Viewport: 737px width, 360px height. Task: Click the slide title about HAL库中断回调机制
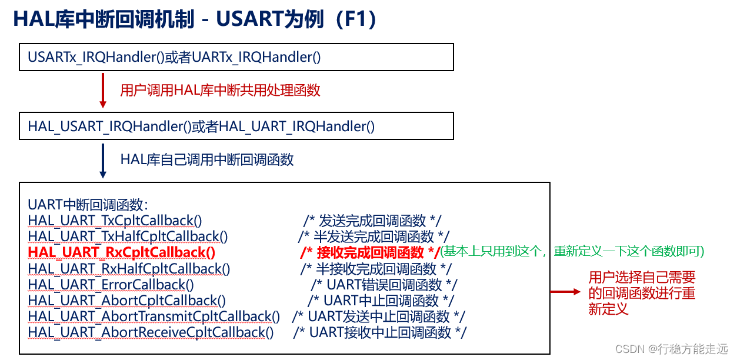(x=194, y=19)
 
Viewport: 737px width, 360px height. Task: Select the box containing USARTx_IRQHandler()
(x=236, y=57)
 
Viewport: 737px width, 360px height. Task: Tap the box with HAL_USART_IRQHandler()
(x=236, y=126)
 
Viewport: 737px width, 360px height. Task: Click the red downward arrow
(x=103, y=90)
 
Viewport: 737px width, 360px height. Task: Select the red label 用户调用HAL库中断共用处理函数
(x=220, y=90)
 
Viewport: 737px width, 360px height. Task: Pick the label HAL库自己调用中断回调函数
(x=207, y=159)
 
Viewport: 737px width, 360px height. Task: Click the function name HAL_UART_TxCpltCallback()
(x=115, y=221)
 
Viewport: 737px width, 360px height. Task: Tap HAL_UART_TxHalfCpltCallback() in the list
(x=128, y=236)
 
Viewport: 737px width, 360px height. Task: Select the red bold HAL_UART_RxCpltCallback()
(x=122, y=252)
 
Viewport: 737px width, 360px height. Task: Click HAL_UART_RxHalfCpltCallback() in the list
(x=129, y=269)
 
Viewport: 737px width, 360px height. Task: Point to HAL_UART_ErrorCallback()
(x=111, y=285)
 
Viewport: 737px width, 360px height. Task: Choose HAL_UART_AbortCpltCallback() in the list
(x=126, y=301)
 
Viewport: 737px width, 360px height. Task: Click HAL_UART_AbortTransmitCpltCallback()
(x=154, y=316)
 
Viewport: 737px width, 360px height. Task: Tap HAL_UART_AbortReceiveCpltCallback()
(x=151, y=332)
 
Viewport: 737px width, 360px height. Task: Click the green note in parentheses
(x=572, y=251)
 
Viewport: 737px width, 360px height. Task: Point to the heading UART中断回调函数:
(x=88, y=205)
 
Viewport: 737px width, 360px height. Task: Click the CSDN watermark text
(x=671, y=349)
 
